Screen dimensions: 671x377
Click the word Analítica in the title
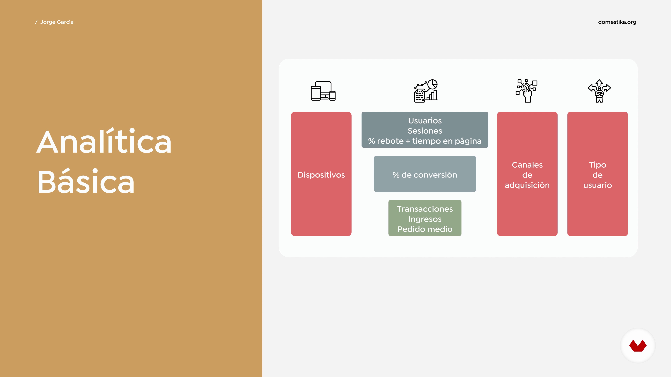point(104,141)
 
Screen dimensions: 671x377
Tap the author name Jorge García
point(57,22)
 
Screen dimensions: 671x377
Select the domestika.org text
point(617,22)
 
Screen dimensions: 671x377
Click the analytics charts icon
point(426,91)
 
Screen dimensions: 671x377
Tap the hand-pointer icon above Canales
point(527,91)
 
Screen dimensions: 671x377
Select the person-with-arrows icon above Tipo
point(599,91)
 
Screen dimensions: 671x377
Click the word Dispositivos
point(321,175)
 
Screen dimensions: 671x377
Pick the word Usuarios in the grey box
point(425,121)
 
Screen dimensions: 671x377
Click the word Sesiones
point(425,131)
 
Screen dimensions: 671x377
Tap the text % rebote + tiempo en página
point(425,141)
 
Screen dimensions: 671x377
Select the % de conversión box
point(425,174)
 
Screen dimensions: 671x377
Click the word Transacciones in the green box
point(425,209)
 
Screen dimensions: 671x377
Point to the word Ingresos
point(425,219)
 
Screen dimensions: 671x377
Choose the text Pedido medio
point(425,229)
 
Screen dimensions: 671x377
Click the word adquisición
point(527,185)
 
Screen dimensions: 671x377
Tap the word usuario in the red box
point(598,185)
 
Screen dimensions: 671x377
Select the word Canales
point(527,165)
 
